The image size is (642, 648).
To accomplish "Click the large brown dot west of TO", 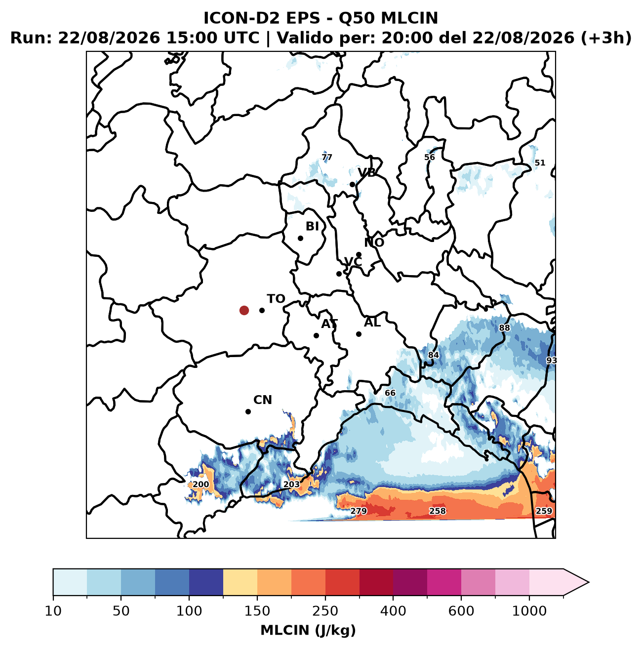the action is tap(244, 310).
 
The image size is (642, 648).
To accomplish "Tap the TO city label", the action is tap(276, 299).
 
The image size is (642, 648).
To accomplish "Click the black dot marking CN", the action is tap(248, 411).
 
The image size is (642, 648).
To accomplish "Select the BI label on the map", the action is tap(312, 226).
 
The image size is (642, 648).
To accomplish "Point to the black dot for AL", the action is tap(359, 334).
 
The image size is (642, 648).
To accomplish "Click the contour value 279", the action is tap(359, 511).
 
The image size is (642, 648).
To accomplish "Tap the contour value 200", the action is tap(201, 485).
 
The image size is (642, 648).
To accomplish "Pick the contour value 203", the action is tap(291, 484).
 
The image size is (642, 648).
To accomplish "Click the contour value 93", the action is tap(551, 361).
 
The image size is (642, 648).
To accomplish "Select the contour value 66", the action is tap(390, 393).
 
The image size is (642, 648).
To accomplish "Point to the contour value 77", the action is tap(327, 157).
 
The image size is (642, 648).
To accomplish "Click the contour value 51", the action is tap(540, 163).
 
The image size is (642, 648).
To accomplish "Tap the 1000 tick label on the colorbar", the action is tap(529, 610).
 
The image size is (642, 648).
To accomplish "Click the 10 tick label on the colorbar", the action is tap(53, 610).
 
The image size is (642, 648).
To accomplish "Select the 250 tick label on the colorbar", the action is tap(325, 610).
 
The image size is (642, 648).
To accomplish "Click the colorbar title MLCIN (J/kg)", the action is tap(308, 630).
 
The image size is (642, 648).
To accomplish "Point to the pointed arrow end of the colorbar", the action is tap(589, 582).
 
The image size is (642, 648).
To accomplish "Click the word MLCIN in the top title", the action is tap(409, 18).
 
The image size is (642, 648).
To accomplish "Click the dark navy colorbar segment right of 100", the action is tap(206, 582).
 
